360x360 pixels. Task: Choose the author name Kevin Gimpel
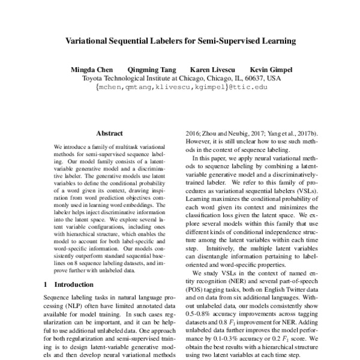[271, 69]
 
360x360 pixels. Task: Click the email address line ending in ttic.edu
[180, 86]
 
